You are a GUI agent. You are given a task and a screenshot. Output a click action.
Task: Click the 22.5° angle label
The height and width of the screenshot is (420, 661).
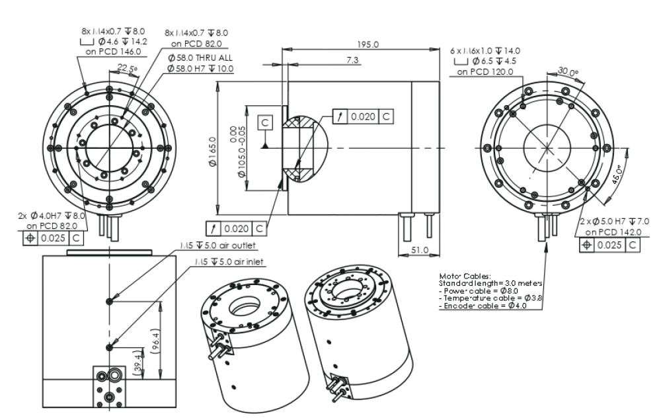(x=126, y=67)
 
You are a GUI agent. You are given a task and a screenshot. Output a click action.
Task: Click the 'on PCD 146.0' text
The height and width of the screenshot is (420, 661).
(x=102, y=50)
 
